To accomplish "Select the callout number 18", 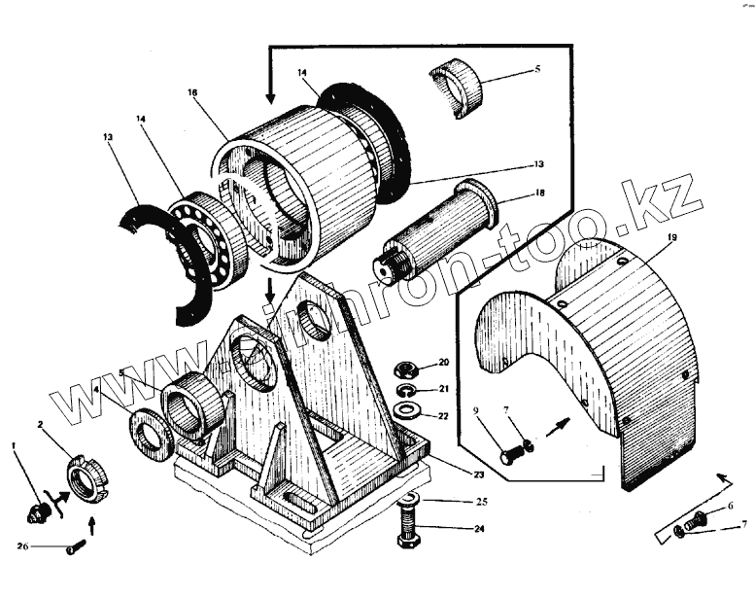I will [x=539, y=194].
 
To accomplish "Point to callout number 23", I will [x=450, y=474].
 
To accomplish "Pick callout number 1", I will [x=14, y=445].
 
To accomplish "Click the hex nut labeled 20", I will [x=405, y=369].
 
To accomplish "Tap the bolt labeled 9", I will [x=511, y=453].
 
